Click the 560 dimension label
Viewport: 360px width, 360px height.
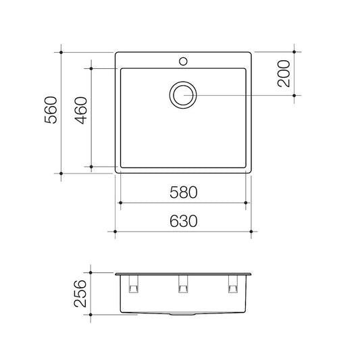click(x=51, y=110)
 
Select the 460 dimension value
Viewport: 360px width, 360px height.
click(x=81, y=111)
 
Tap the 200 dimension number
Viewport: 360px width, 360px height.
click(x=284, y=74)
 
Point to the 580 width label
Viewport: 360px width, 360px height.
click(x=184, y=192)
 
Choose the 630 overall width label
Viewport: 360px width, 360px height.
click(x=184, y=221)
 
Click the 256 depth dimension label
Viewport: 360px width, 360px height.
click(x=80, y=293)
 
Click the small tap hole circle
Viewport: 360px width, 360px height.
click(x=183, y=61)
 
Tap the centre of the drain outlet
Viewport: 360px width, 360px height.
click(x=183, y=95)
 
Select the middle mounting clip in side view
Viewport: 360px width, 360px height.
click(x=183, y=284)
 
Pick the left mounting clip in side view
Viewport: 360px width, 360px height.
click(x=133, y=284)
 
